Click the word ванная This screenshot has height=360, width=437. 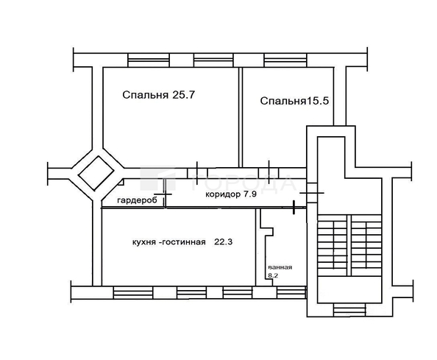click(x=280, y=267)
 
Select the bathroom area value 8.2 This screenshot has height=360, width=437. click(x=273, y=276)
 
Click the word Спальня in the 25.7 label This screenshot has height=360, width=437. click(x=144, y=95)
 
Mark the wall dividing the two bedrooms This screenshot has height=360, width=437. click(x=241, y=118)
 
